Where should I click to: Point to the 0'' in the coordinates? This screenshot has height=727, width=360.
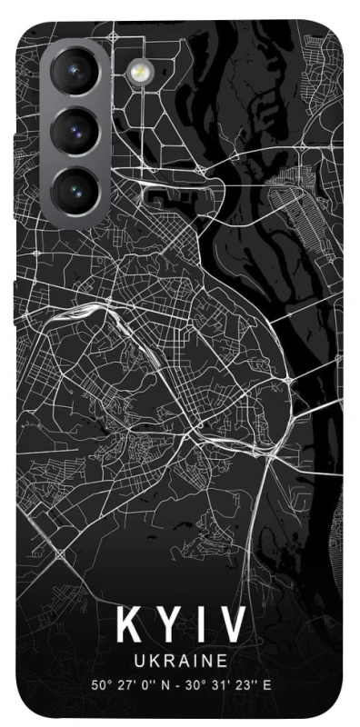pyautogui.click(x=142, y=686)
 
